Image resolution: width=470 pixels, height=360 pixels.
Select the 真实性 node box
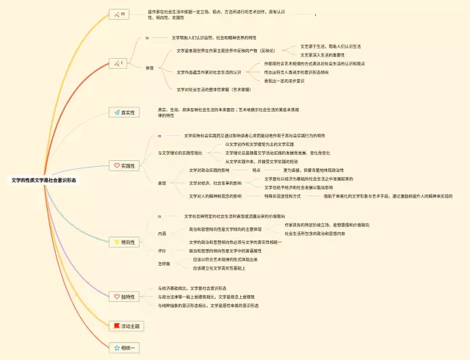123,112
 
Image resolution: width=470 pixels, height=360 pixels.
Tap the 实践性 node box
123,166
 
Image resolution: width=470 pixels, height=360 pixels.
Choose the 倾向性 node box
123,241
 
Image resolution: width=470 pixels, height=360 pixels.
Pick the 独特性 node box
123,297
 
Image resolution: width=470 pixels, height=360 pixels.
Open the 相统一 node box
123,347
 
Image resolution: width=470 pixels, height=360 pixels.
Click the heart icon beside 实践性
116,166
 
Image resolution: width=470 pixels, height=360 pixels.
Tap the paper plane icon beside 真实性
115,112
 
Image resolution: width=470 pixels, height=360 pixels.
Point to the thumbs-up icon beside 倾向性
115,241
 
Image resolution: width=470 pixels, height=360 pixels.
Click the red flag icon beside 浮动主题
115,325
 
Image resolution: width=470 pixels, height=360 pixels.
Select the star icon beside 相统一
115,347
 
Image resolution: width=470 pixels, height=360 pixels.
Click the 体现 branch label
150,68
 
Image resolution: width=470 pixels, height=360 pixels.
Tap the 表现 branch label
162,183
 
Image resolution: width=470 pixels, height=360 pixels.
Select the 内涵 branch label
162,234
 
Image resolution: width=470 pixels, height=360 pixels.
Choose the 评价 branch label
162,251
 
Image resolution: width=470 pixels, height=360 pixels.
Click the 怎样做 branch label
164,264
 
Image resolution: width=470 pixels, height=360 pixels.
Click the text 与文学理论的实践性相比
178,153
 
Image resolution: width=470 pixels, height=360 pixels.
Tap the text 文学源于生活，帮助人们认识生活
331,46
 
